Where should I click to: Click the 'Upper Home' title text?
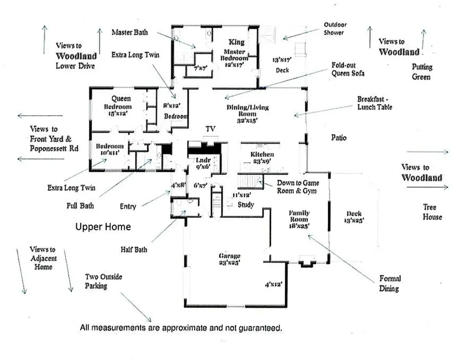103,227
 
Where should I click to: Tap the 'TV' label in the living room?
210,129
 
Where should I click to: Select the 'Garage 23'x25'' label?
229,259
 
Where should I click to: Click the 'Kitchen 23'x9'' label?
262,158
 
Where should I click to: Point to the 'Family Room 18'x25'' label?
299,219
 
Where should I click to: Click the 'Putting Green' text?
422,72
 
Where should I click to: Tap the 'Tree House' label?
432,212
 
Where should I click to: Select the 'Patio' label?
339,137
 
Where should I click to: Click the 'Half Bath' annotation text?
134,250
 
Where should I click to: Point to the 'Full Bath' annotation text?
80,206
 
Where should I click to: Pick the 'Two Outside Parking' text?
103,281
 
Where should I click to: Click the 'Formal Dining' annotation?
389,283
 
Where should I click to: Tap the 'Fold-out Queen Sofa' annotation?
348,69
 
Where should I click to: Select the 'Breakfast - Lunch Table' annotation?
374,103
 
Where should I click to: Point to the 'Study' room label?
246,205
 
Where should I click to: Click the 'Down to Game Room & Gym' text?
298,187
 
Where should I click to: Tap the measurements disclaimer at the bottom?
181,327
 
